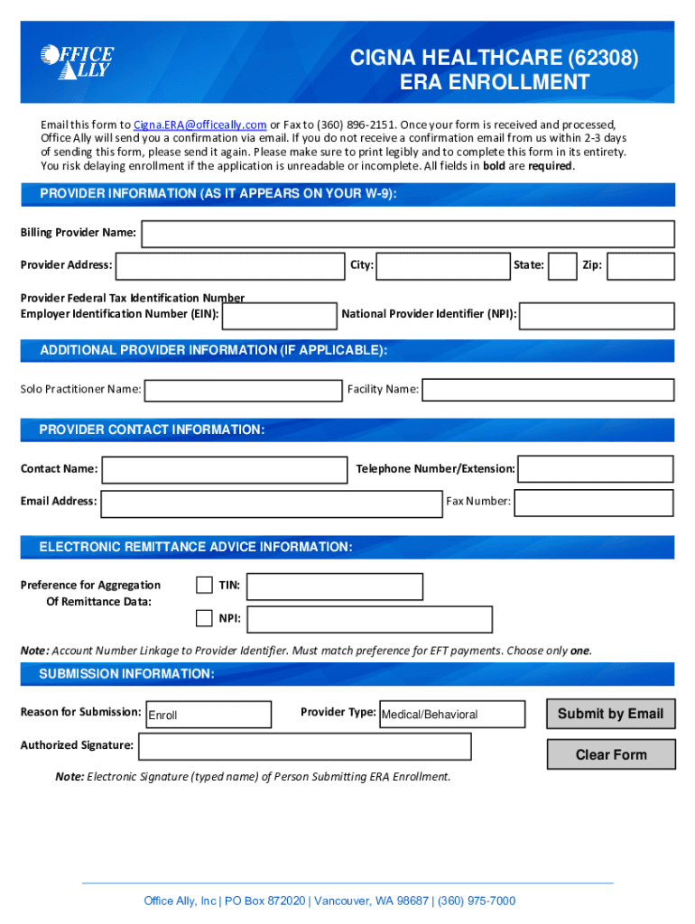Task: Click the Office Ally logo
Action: (x=77, y=61)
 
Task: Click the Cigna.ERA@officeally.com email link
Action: (x=199, y=125)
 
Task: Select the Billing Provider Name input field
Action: (x=408, y=234)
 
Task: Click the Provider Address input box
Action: (x=229, y=266)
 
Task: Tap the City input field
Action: (x=442, y=266)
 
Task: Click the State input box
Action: (x=563, y=266)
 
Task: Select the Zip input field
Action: (x=640, y=266)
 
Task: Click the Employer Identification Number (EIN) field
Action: (x=279, y=315)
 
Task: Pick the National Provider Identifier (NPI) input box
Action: (x=597, y=315)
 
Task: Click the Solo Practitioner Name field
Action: (x=243, y=390)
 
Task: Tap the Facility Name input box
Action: (x=548, y=390)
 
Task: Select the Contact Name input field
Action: (x=224, y=469)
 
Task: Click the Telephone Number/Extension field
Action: (x=596, y=469)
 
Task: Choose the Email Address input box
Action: (x=271, y=502)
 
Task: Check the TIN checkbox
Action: (x=204, y=585)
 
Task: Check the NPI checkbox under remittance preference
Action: (x=204, y=618)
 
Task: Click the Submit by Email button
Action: (x=610, y=714)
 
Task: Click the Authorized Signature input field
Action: (x=304, y=746)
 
